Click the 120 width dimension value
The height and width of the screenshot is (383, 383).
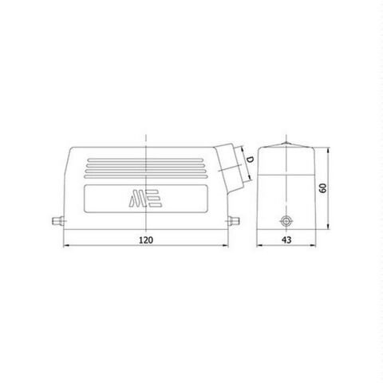[145, 239]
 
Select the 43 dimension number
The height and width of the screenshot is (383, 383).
[285, 239]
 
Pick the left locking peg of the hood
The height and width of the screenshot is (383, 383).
[57, 216]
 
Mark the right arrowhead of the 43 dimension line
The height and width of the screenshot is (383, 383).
[311, 246]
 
